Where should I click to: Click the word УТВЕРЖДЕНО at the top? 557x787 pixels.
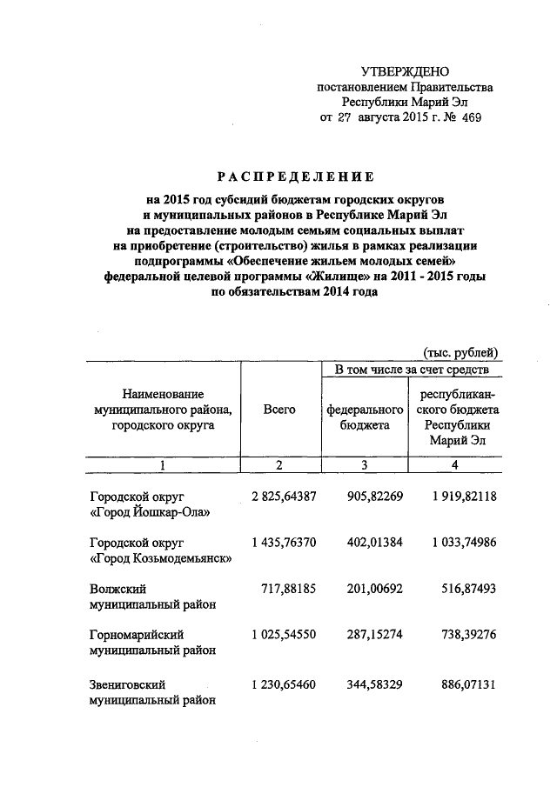[x=406, y=71]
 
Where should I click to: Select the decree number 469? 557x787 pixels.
[x=470, y=117]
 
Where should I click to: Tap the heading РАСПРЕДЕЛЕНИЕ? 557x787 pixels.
[x=278, y=176]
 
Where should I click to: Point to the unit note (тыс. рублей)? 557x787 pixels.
[x=460, y=351]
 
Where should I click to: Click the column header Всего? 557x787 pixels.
[x=279, y=409]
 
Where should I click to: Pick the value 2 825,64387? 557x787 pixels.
[x=279, y=497]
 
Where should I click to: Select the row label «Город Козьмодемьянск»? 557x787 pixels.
[x=161, y=558]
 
